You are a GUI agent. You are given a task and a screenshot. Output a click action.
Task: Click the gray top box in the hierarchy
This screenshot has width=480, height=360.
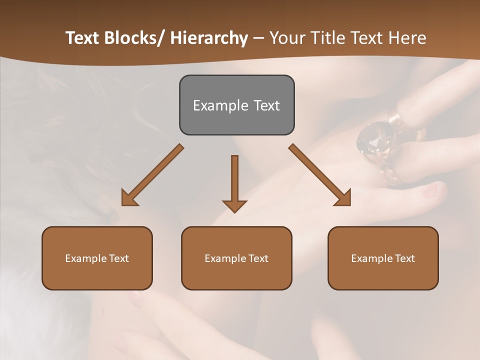(x=236, y=105)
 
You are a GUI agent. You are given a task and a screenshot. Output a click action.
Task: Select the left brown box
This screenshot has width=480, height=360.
(x=97, y=258)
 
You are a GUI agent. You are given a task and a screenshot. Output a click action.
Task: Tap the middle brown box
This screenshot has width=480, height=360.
(x=236, y=258)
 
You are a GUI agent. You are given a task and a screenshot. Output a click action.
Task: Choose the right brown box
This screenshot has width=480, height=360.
(x=383, y=258)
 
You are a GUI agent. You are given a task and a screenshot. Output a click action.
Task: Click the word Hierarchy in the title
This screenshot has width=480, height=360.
(x=209, y=38)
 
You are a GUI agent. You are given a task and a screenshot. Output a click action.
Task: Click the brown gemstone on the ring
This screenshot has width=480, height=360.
(x=374, y=140)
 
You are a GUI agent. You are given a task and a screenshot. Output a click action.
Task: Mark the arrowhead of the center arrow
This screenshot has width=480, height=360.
(x=234, y=205)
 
